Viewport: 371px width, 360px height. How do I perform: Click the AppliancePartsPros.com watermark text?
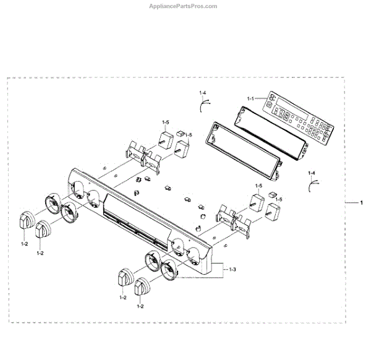click(185, 6)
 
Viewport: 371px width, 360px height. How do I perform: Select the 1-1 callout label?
click(250, 99)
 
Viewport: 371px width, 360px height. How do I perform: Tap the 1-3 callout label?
click(232, 270)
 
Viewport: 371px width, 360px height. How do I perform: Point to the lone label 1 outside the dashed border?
click(362, 203)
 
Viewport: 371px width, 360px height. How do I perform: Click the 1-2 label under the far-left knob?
click(25, 244)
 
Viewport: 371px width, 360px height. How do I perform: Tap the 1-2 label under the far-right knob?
click(140, 307)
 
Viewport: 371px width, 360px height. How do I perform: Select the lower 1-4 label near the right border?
click(312, 173)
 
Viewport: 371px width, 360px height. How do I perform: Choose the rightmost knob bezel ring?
click(169, 271)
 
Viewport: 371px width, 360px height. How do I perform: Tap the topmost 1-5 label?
click(166, 122)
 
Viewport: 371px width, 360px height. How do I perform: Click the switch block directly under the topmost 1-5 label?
click(166, 139)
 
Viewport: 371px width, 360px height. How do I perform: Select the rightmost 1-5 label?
click(279, 199)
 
